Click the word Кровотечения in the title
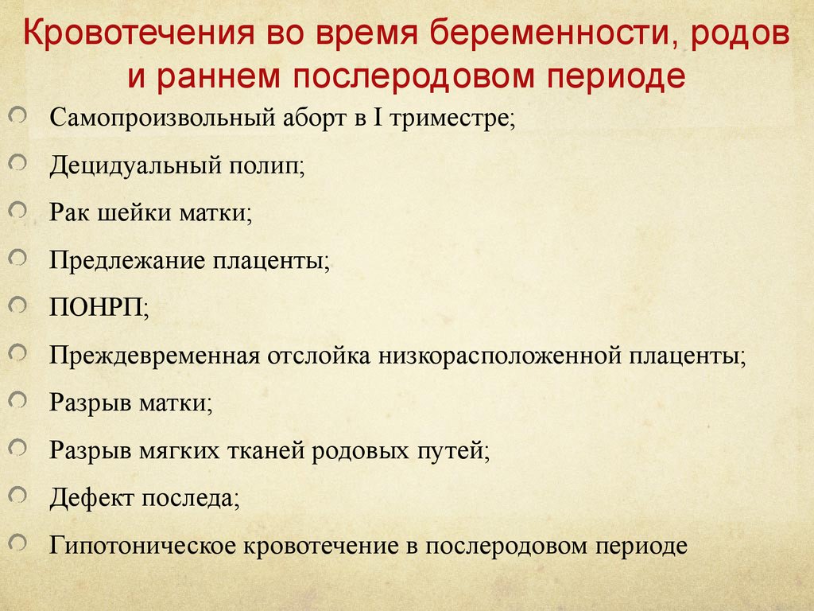tap(139, 32)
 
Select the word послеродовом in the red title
tap(413, 76)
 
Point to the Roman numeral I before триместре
tap(378, 118)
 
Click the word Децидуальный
tap(135, 165)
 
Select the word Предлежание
tap(127, 260)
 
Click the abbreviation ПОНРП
tap(96, 308)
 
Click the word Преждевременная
tap(154, 356)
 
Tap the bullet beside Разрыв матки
tap(17, 400)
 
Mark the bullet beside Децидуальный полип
tap(17, 162)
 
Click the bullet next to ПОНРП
tap(17, 305)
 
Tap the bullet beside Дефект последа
tap(17, 495)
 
